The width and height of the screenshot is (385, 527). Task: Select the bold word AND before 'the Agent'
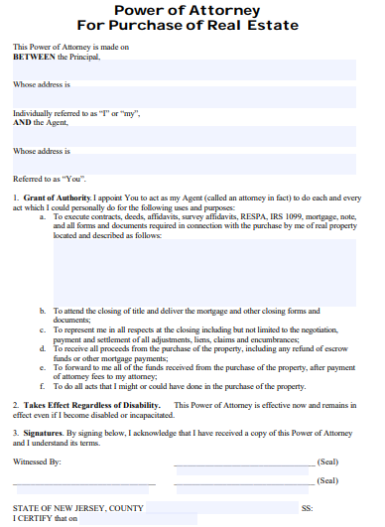[21, 122]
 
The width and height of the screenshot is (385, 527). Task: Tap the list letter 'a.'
[44, 215]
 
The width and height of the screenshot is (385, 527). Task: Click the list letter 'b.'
[44, 311]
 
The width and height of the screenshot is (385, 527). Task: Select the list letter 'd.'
[44, 348]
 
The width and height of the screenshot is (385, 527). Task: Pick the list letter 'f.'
[44, 385]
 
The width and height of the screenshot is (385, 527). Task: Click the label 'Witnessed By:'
[37, 462]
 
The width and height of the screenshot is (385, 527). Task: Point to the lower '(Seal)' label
[327, 480]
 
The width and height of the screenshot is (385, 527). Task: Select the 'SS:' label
[308, 507]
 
